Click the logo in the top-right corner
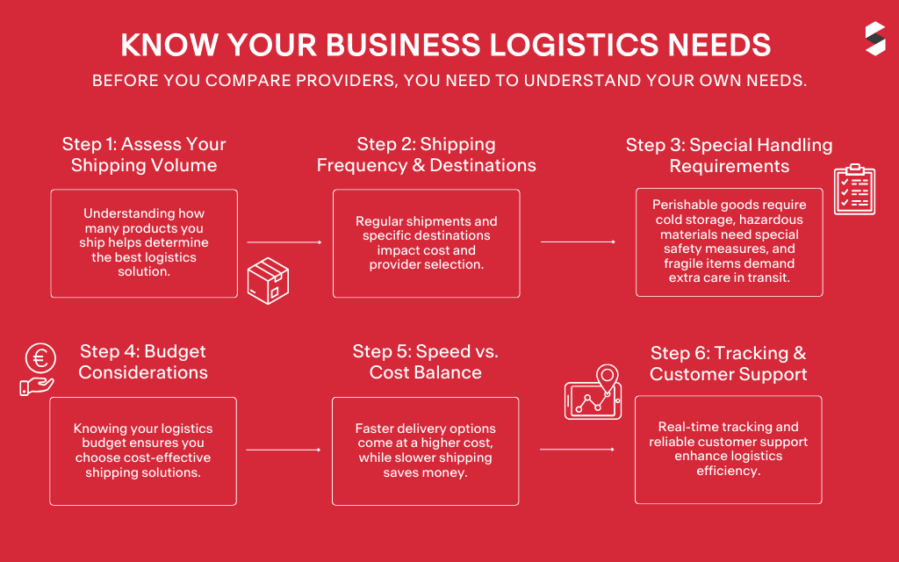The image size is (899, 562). click(874, 40)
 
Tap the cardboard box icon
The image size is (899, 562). click(268, 281)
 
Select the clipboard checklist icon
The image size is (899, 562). click(853, 189)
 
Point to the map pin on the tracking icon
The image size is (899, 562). click(607, 377)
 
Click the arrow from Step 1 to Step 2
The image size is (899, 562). click(284, 241)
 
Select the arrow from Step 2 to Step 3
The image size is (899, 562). click(578, 241)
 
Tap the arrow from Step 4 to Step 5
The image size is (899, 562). click(284, 450)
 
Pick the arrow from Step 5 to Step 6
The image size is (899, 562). click(577, 450)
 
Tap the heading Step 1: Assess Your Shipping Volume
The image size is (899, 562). click(144, 155)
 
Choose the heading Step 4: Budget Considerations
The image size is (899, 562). click(143, 362)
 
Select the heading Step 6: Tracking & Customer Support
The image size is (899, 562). click(728, 364)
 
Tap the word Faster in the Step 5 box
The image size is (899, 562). click(376, 429)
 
